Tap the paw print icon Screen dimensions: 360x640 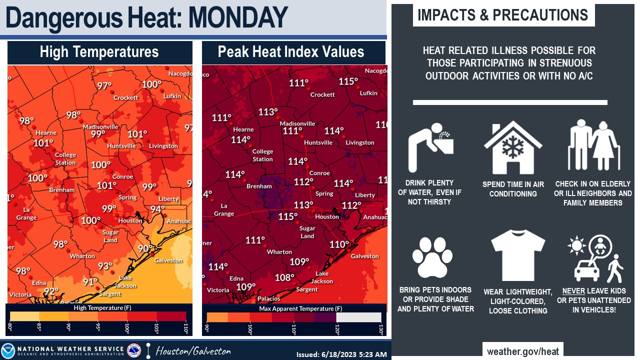pyautogui.click(x=428, y=257)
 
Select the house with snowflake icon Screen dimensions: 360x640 pyautogui.click(x=512, y=148)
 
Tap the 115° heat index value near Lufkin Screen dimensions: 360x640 pyautogui.click(x=348, y=81)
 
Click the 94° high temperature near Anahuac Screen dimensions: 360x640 pyautogui.click(x=157, y=208)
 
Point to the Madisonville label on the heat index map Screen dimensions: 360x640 pyautogui.click(x=297, y=123)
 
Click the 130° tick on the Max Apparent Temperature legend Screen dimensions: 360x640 pyautogui.click(x=381, y=330)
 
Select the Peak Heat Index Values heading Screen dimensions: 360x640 pyautogui.click(x=291, y=52)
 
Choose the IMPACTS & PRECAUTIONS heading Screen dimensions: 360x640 pyautogui.click(x=503, y=15)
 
